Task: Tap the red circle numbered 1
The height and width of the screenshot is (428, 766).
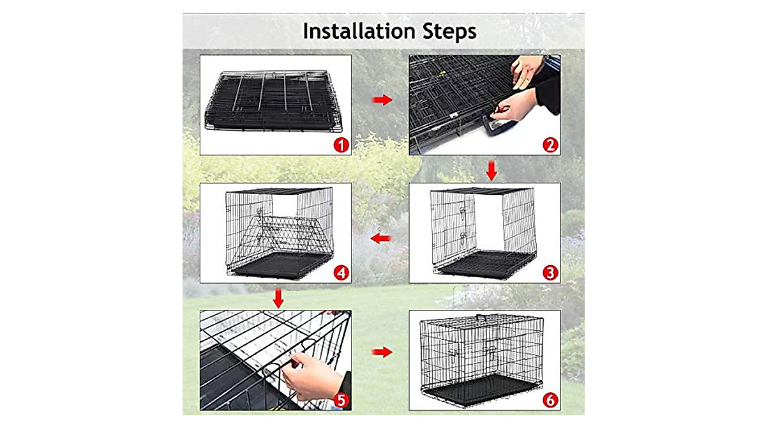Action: (342, 145)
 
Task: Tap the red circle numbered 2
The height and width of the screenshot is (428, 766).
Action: (550, 145)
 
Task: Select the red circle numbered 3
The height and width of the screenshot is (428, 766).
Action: (550, 273)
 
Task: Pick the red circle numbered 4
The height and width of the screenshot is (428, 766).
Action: (342, 273)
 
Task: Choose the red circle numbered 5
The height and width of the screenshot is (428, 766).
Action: (342, 401)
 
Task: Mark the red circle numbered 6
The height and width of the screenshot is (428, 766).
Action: (550, 401)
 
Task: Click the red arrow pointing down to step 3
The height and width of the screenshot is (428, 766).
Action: (491, 171)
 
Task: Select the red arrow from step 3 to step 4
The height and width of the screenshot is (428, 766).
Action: (381, 238)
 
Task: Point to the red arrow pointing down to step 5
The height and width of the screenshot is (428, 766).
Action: (278, 298)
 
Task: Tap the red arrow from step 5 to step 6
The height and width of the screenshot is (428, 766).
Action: (382, 352)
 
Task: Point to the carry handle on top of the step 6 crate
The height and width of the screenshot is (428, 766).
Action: (490, 317)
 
